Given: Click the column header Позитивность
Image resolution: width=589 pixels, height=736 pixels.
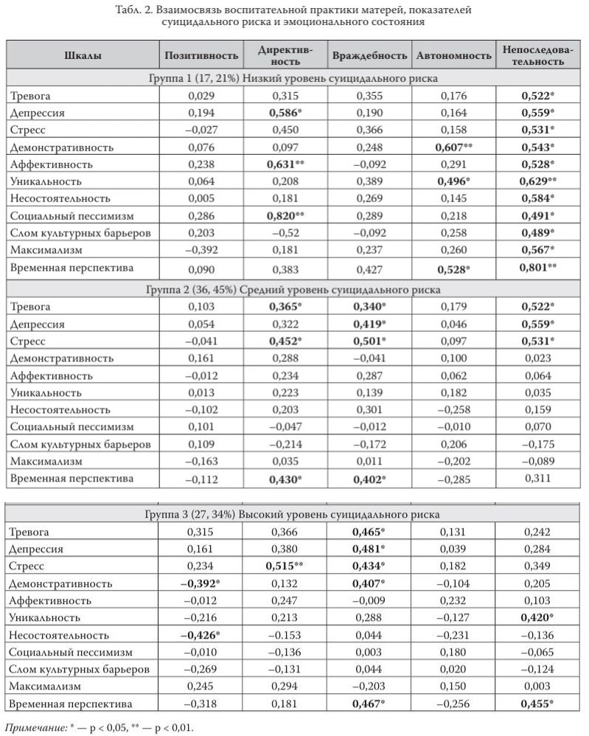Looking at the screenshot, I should tap(201, 55).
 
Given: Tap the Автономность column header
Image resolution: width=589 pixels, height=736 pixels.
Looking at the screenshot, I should tap(453, 55).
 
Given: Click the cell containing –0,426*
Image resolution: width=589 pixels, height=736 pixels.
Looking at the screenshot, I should tap(202, 634).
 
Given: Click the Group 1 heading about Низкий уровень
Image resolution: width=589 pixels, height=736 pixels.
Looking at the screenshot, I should tap(293, 77).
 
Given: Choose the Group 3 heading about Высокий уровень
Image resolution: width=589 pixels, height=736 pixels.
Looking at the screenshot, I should tap(293, 514).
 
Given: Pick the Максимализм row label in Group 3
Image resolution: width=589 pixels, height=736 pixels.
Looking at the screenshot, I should tap(44, 686).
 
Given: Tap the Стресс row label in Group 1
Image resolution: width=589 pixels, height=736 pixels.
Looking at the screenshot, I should tap(28, 130).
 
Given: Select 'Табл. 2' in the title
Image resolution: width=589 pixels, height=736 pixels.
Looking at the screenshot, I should tap(136, 10).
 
